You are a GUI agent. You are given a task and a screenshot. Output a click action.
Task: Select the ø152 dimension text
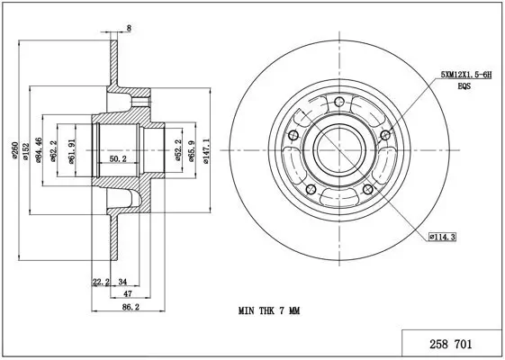click(29, 149)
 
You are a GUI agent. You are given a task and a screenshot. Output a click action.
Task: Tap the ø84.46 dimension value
click(41, 148)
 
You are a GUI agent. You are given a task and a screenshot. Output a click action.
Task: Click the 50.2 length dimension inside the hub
click(118, 159)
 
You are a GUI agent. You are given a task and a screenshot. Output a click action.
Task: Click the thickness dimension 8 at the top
click(129, 29)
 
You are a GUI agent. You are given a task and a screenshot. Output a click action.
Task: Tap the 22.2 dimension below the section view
click(101, 282)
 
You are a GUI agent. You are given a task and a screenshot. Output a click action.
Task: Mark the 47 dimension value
click(129, 294)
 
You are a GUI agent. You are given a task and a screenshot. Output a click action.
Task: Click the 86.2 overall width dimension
click(131, 308)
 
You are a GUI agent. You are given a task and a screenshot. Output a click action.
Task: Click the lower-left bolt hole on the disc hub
click(311, 189)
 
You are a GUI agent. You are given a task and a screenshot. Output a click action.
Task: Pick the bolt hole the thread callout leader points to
click(386, 135)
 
